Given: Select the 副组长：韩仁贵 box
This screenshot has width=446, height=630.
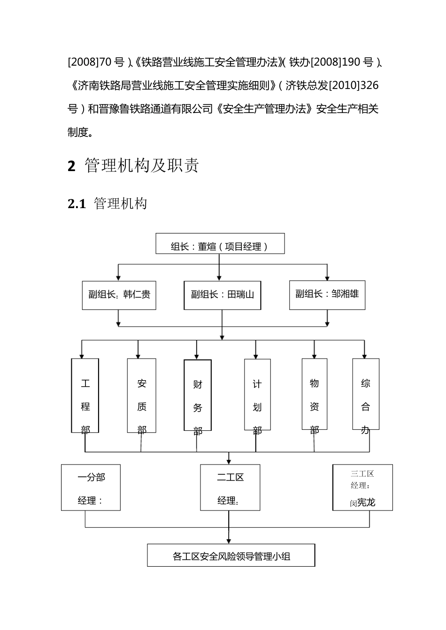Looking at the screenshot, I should click(x=119, y=294).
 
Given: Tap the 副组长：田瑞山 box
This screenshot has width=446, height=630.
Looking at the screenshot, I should click(x=222, y=294).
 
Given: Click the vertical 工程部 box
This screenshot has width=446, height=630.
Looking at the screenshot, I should click(x=85, y=396).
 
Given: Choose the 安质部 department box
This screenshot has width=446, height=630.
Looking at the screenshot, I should click(x=141, y=396).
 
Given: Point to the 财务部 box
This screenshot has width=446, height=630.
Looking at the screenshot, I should click(x=197, y=396).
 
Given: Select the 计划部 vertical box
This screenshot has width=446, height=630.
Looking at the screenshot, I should click(x=257, y=395).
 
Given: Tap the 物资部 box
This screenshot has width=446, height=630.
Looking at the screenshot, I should click(x=314, y=395).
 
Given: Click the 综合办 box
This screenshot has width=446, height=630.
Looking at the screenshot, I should click(x=365, y=395).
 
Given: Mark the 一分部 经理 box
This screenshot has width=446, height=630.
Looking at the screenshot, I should click(x=91, y=487).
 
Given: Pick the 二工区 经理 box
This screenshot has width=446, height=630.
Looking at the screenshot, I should click(x=230, y=487).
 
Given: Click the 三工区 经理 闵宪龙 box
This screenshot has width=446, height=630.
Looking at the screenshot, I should click(x=362, y=487).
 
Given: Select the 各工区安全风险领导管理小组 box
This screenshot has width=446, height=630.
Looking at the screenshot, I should click(x=231, y=556).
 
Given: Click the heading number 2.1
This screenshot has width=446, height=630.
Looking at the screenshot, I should click(x=77, y=204).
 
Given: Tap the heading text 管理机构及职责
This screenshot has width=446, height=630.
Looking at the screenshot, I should click(x=142, y=166).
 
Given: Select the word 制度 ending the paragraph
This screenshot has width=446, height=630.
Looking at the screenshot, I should click(x=78, y=133).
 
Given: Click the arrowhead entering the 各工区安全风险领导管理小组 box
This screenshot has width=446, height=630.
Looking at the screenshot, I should click(x=229, y=541).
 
